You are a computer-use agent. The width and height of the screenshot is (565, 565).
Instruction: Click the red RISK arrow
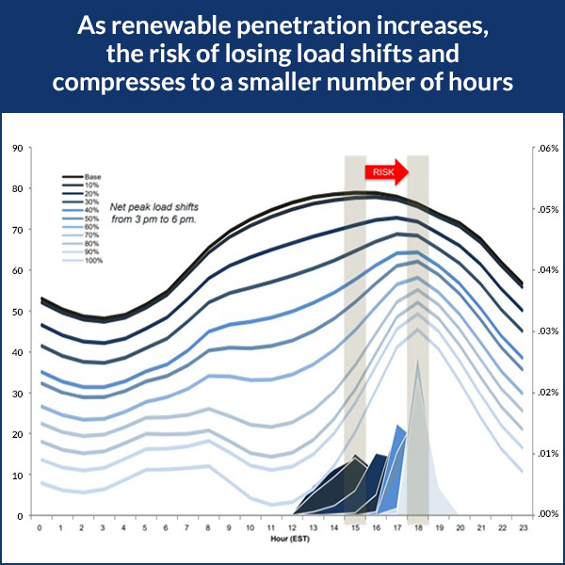pos(387,171)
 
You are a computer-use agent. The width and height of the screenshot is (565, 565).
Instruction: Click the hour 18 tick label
pos(417,528)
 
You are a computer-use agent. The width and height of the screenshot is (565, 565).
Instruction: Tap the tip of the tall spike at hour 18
pos(417,361)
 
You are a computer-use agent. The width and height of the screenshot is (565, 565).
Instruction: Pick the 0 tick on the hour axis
pos(40,528)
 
